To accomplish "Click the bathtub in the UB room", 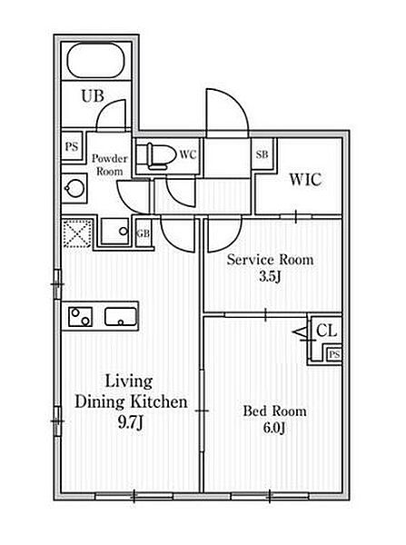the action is (x=96, y=60).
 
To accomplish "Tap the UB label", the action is (x=93, y=96).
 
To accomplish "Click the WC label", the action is (x=188, y=154).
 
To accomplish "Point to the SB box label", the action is (x=262, y=154).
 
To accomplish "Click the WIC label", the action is (x=305, y=180).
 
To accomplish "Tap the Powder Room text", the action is (x=109, y=164).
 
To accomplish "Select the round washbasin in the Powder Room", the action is (x=74, y=189).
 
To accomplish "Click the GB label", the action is (x=144, y=233).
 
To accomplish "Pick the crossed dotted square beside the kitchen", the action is (x=78, y=233).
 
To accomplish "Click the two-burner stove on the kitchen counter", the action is (x=80, y=317).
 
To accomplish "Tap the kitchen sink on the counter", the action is (x=120, y=317).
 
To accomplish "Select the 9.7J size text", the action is (x=131, y=422).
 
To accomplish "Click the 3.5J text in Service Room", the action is (x=270, y=276).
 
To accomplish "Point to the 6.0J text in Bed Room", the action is (x=274, y=428).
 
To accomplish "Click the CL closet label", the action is (x=326, y=331).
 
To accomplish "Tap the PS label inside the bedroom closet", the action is (x=334, y=354).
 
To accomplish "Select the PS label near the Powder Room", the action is (x=72, y=146).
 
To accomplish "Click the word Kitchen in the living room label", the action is (x=159, y=401).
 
